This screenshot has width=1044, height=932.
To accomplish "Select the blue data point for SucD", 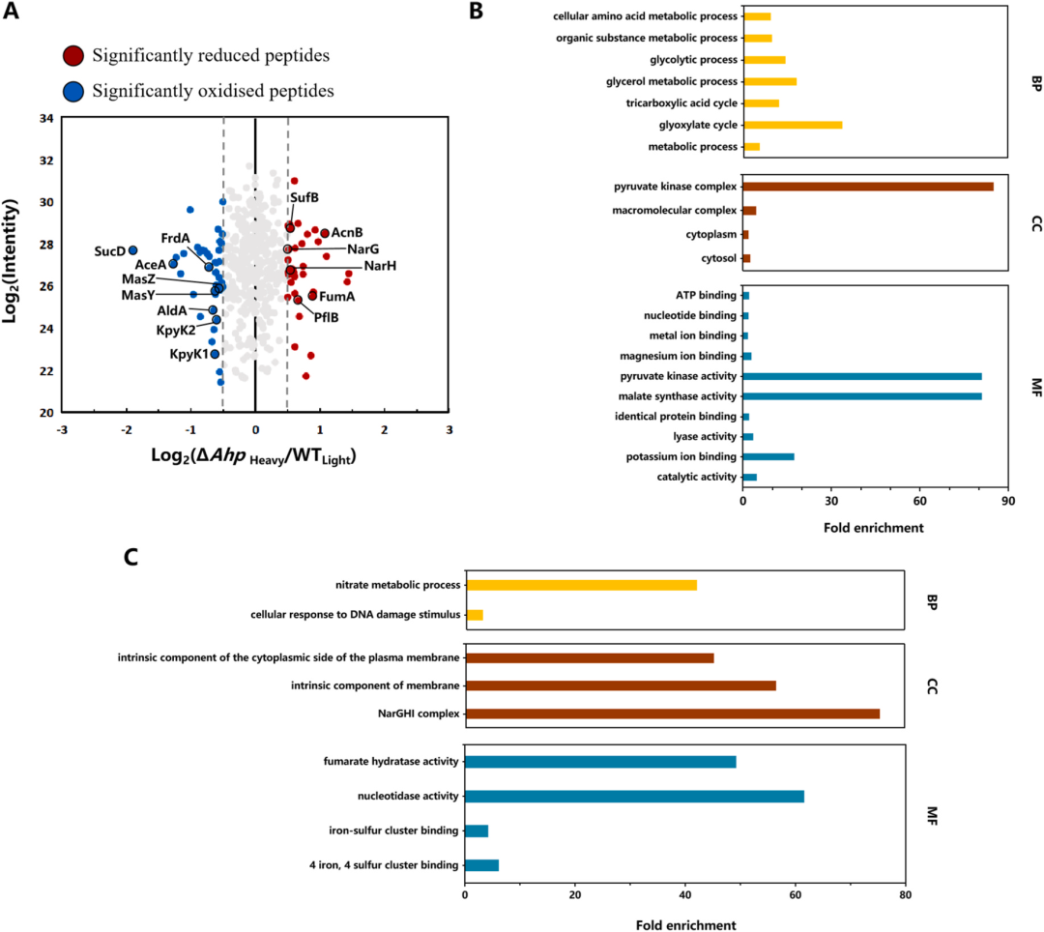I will [x=132, y=250].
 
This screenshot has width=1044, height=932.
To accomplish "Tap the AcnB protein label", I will [x=347, y=233].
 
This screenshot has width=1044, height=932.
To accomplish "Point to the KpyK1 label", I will [x=188, y=355].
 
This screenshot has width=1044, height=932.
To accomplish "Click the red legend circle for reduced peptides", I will [x=73, y=55].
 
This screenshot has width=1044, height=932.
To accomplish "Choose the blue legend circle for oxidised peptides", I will [x=73, y=92].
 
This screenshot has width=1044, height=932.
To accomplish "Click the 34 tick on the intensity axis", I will [x=46, y=119].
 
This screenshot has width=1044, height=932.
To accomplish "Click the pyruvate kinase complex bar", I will [x=868, y=187].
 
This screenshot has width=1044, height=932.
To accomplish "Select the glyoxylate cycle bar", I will [x=793, y=125].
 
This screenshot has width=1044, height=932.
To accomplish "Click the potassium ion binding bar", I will [x=768, y=456].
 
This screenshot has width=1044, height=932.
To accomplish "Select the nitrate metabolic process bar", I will [x=581, y=585].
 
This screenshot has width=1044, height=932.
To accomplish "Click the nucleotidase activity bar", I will [x=634, y=796].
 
